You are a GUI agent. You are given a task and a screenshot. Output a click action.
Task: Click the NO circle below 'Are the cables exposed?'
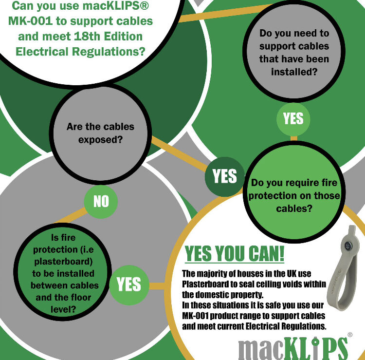[x=101, y=202]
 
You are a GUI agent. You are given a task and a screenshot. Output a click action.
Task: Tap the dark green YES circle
[x=225, y=177]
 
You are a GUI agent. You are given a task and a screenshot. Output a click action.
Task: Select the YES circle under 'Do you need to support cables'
[x=293, y=119]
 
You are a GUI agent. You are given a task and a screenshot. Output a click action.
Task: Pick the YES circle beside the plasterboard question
[x=129, y=285]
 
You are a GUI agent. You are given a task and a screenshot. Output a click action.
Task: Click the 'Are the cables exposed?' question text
[x=100, y=133]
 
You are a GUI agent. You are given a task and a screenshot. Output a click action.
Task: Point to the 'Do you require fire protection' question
[x=294, y=195]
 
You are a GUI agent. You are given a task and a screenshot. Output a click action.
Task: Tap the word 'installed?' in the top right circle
[x=294, y=72]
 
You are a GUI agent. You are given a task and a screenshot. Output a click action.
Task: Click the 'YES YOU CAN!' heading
[x=235, y=254]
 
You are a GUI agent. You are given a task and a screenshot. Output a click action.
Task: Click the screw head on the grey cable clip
[x=348, y=246]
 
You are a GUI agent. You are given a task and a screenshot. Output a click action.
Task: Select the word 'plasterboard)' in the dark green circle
[x=63, y=262]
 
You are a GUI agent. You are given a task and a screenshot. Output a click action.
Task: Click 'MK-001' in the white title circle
[x=30, y=21]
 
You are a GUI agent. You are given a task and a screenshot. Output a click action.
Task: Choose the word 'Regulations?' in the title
[x=109, y=52]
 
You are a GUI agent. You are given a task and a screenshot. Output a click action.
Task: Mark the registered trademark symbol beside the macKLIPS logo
[x=350, y=335]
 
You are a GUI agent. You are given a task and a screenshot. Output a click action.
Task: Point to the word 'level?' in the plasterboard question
[x=63, y=309]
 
